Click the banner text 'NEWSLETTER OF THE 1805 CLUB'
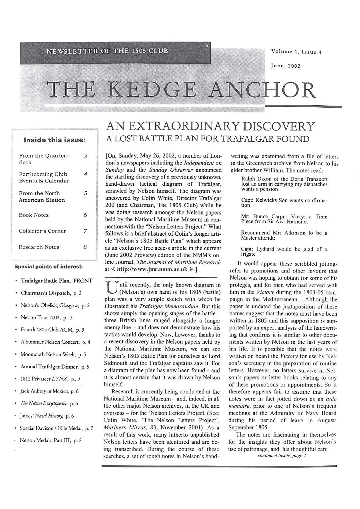tap(107, 51)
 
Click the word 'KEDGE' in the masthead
tap(153, 90)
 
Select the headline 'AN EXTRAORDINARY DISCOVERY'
tap(210, 127)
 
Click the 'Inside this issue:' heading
tap(55, 140)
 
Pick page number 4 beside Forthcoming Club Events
tap(86, 174)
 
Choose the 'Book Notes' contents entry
tap(34, 215)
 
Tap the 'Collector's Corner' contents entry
tap(42, 231)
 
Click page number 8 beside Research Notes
tap(85, 247)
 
